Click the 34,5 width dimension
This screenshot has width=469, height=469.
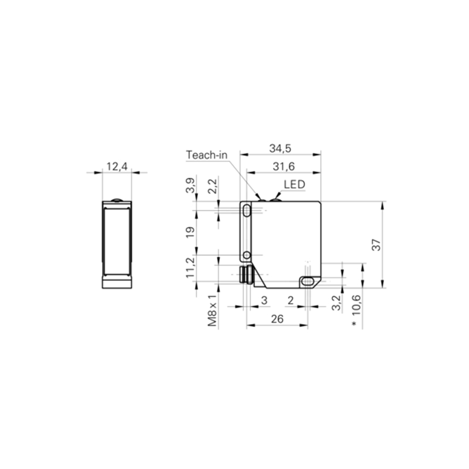(x=280, y=149)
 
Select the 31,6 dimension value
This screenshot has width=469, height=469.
(x=284, y=166)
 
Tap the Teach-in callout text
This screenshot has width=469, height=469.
(x=207, y=155)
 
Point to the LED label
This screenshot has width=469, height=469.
(x=294, y=185)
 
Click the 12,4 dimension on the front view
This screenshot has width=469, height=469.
(x=117, y=166)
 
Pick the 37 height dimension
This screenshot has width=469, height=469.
(x=377, y=245)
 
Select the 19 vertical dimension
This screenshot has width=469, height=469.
(x=190, y=232)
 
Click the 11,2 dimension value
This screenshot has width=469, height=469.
(x=190, y=268)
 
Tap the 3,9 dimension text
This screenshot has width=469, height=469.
(x=190, y=185)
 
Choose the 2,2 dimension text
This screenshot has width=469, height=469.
(x=212, y=186)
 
